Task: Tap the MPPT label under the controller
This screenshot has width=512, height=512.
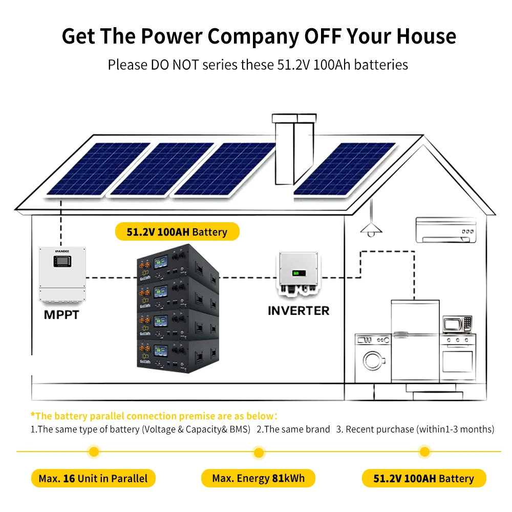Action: pyautogui.click(x=61, y=315)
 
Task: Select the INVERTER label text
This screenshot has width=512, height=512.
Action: pyautogui.click(x=298, y=310)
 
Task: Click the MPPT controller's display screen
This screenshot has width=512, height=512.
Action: pyautogui.click(x=61, y=262)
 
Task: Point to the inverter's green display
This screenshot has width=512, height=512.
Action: pyautogui.click(x=297, y=273)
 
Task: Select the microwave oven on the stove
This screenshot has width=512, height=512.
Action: pyautogui.click(x=457, y=324)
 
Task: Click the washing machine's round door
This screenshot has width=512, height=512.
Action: pyautogui.click(x=374, y=360)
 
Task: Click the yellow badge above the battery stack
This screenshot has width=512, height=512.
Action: pyautogui.click(x=177, y=232)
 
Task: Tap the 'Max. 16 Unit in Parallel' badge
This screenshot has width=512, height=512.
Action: pyautogui.click(x=93, y=479)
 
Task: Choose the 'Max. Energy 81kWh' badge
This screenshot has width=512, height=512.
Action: pyautogui.click(x=258, y=479)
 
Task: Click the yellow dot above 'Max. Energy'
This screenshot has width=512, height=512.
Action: pyautogui.click(x=259, y=452)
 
